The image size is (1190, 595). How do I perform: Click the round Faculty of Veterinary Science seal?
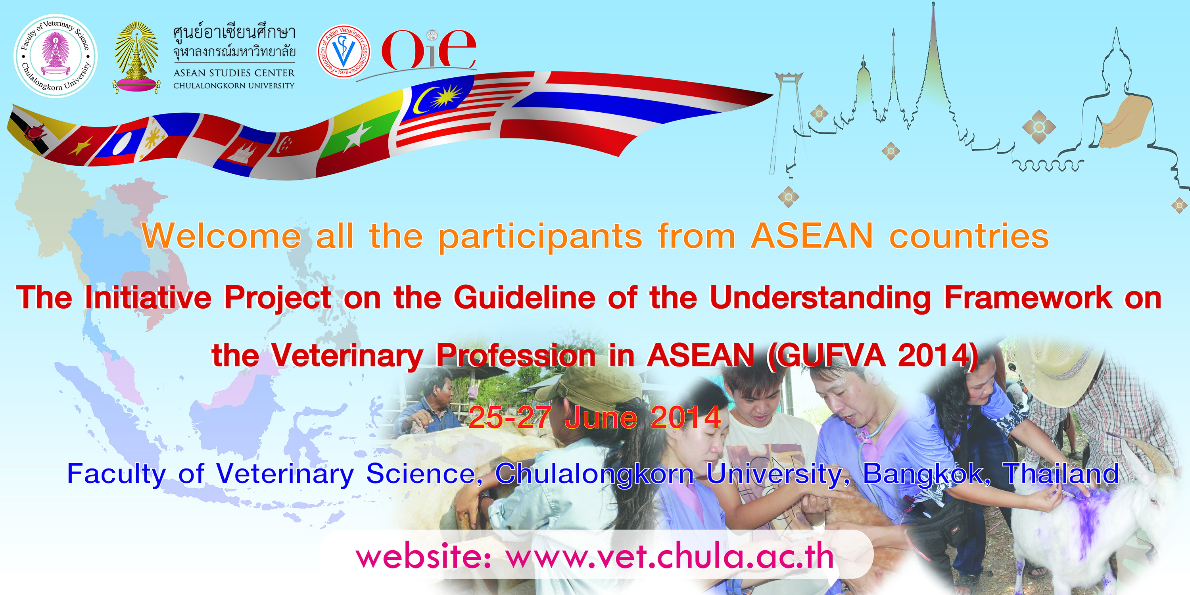[56, 56]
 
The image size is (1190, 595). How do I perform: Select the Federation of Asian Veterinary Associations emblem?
[344, 51]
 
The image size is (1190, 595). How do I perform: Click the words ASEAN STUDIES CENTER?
[234, 73]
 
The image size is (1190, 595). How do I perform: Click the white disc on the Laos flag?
[121, 144]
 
